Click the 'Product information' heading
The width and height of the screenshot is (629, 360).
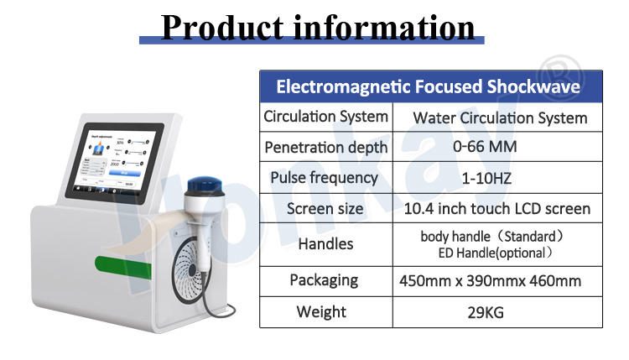point(317,28)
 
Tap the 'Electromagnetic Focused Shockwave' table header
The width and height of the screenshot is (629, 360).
point(428,86)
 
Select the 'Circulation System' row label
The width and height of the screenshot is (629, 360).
point(325,117)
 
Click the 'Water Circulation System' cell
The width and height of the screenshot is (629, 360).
point(500,118)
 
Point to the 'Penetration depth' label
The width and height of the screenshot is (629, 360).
point(325,148)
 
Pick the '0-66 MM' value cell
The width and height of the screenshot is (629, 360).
point(485,147)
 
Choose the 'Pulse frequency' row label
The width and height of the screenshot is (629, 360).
point(324,178)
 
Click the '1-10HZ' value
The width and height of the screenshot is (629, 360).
point(486,178)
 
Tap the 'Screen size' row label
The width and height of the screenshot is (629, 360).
point(325,209)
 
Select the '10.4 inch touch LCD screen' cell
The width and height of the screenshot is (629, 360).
point(497,209)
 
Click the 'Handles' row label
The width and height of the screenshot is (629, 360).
point(325,244)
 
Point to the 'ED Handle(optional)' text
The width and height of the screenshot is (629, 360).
point(496,253)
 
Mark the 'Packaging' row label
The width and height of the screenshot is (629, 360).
point(324,280)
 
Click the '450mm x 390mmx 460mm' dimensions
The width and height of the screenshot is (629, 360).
point(490,281)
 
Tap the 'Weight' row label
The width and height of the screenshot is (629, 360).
point(321,312)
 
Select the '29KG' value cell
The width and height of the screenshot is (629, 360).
point(486,313)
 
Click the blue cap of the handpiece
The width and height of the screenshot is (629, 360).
point(205,185)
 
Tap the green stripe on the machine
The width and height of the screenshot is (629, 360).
point(122,266)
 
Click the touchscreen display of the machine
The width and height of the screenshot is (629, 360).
point(114,163)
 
